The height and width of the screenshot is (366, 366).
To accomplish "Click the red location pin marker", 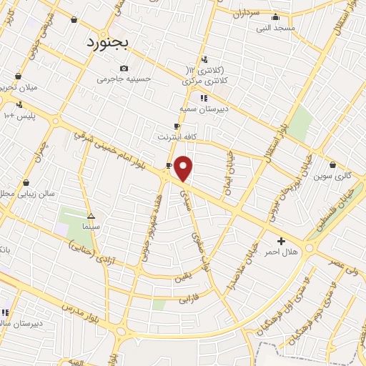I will click(184, 168).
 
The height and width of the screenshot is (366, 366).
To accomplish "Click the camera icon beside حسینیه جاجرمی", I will click(124, 69).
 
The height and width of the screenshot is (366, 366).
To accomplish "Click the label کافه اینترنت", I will click(176, 135).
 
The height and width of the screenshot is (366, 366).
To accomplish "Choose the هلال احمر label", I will click(281, 252).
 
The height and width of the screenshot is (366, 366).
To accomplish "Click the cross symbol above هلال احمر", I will click(281, 242).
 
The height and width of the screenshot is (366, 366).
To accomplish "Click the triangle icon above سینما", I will click(91, 216).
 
